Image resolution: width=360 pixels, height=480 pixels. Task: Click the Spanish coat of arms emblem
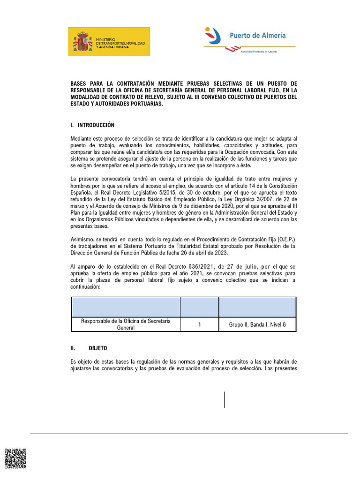tap(82, 42)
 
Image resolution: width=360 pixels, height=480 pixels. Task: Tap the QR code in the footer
tap(15, 458)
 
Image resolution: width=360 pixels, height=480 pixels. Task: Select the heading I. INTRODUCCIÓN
tap(92, 125)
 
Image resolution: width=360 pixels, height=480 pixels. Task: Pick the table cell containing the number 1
tap(200, 324)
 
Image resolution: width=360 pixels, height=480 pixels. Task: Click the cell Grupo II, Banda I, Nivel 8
tap(257, 324)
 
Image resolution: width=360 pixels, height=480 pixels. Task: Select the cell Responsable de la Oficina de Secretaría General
tap(125, 324)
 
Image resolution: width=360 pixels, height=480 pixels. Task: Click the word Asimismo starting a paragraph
tap(82, 240)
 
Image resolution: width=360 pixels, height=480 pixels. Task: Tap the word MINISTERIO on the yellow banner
tap(107, 39)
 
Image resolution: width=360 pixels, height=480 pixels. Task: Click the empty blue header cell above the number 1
tap(200, 307)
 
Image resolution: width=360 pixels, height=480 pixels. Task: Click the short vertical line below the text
tap(224, 399)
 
